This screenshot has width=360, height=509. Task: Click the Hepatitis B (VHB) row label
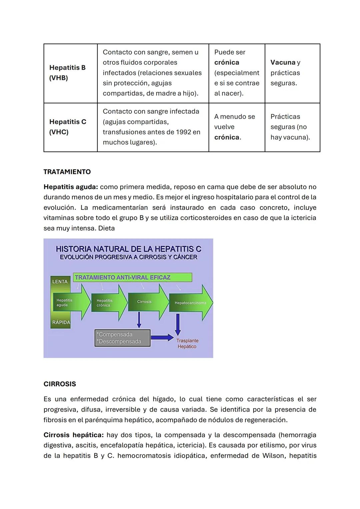[67, 73]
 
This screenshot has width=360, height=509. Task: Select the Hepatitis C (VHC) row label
[68, 127]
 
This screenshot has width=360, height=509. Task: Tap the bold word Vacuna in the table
[283, 62]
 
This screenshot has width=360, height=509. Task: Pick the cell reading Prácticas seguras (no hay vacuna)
[290, 127]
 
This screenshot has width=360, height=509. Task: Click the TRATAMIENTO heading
[67, 172]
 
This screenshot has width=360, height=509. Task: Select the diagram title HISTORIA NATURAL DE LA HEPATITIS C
[128, 249]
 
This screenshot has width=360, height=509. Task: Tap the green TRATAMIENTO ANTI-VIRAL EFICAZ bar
[132, 277]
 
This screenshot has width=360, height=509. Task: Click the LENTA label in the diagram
[60, 282]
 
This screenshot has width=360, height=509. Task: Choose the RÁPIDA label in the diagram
[61, 322]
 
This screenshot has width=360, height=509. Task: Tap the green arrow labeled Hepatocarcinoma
[190, 303]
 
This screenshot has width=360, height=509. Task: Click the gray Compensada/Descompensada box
[122, 338]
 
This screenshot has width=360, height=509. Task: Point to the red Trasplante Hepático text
[187, 344]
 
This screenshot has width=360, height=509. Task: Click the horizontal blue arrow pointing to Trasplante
[162, 338]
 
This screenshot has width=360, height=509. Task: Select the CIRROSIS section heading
[60, 384]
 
